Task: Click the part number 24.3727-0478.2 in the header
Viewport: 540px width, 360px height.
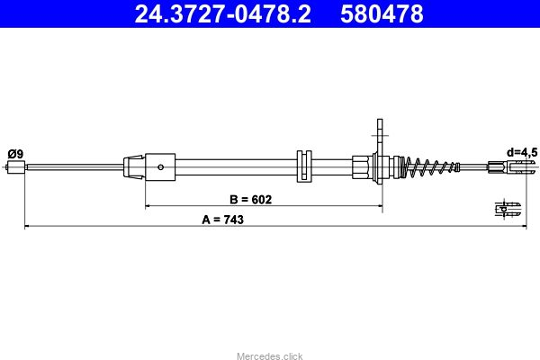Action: pos(223,14)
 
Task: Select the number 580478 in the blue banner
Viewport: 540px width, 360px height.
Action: pos(382,14)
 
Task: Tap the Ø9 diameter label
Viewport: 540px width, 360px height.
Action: pos(15,154)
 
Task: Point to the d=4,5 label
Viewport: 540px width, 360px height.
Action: pos(522,152)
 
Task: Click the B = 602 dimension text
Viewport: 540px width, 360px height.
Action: pos(251,199)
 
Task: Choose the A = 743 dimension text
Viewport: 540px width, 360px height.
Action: pos(223,220)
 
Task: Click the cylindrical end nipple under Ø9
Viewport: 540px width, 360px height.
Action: pos(16,167)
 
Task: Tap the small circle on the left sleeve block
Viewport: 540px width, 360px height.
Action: pos(160,167)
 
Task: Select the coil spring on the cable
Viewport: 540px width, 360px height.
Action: pos(430,167)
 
